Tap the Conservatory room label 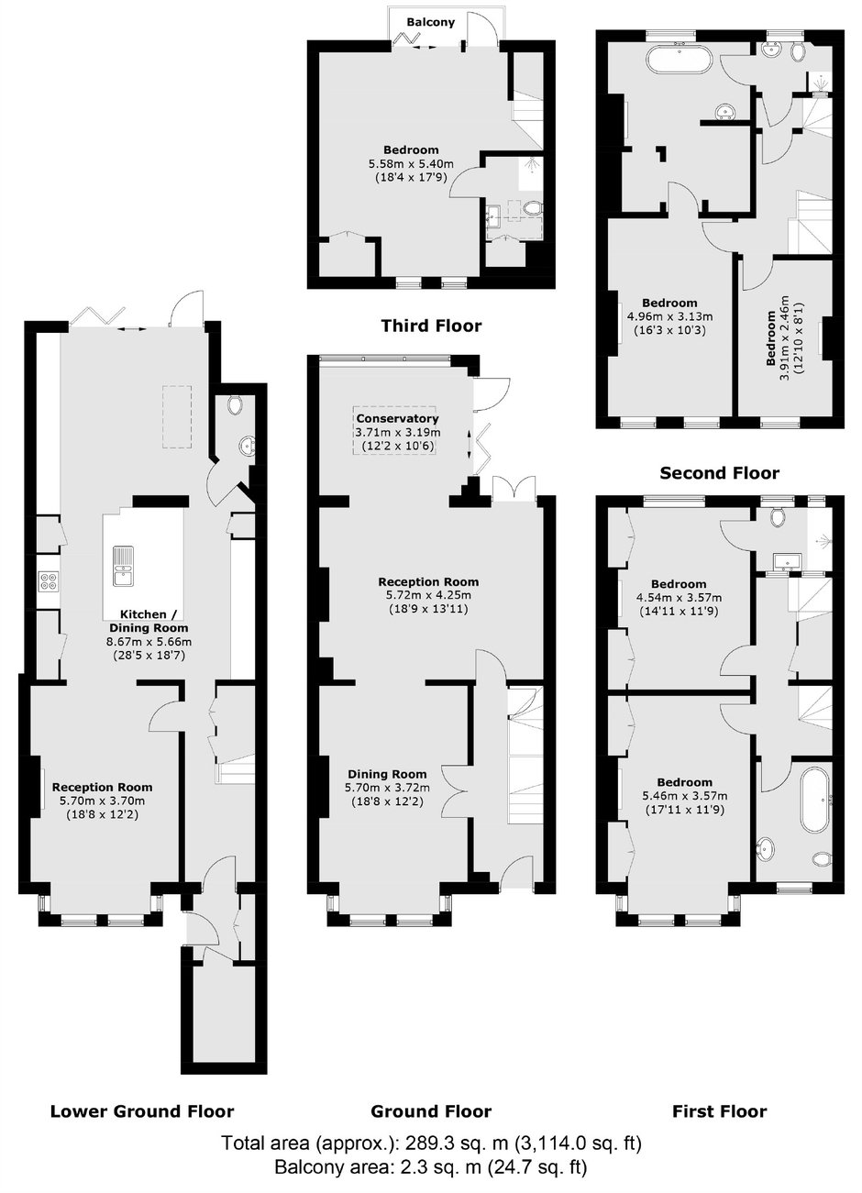397,418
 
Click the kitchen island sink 124,566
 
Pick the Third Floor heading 431,326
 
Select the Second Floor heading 719,473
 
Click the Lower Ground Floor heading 142,1111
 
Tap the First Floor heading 719,1111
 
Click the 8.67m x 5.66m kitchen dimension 149,642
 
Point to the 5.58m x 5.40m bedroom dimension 411,163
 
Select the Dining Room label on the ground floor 387,774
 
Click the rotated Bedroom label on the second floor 771,338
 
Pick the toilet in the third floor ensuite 532,208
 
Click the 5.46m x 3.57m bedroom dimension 685,796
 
